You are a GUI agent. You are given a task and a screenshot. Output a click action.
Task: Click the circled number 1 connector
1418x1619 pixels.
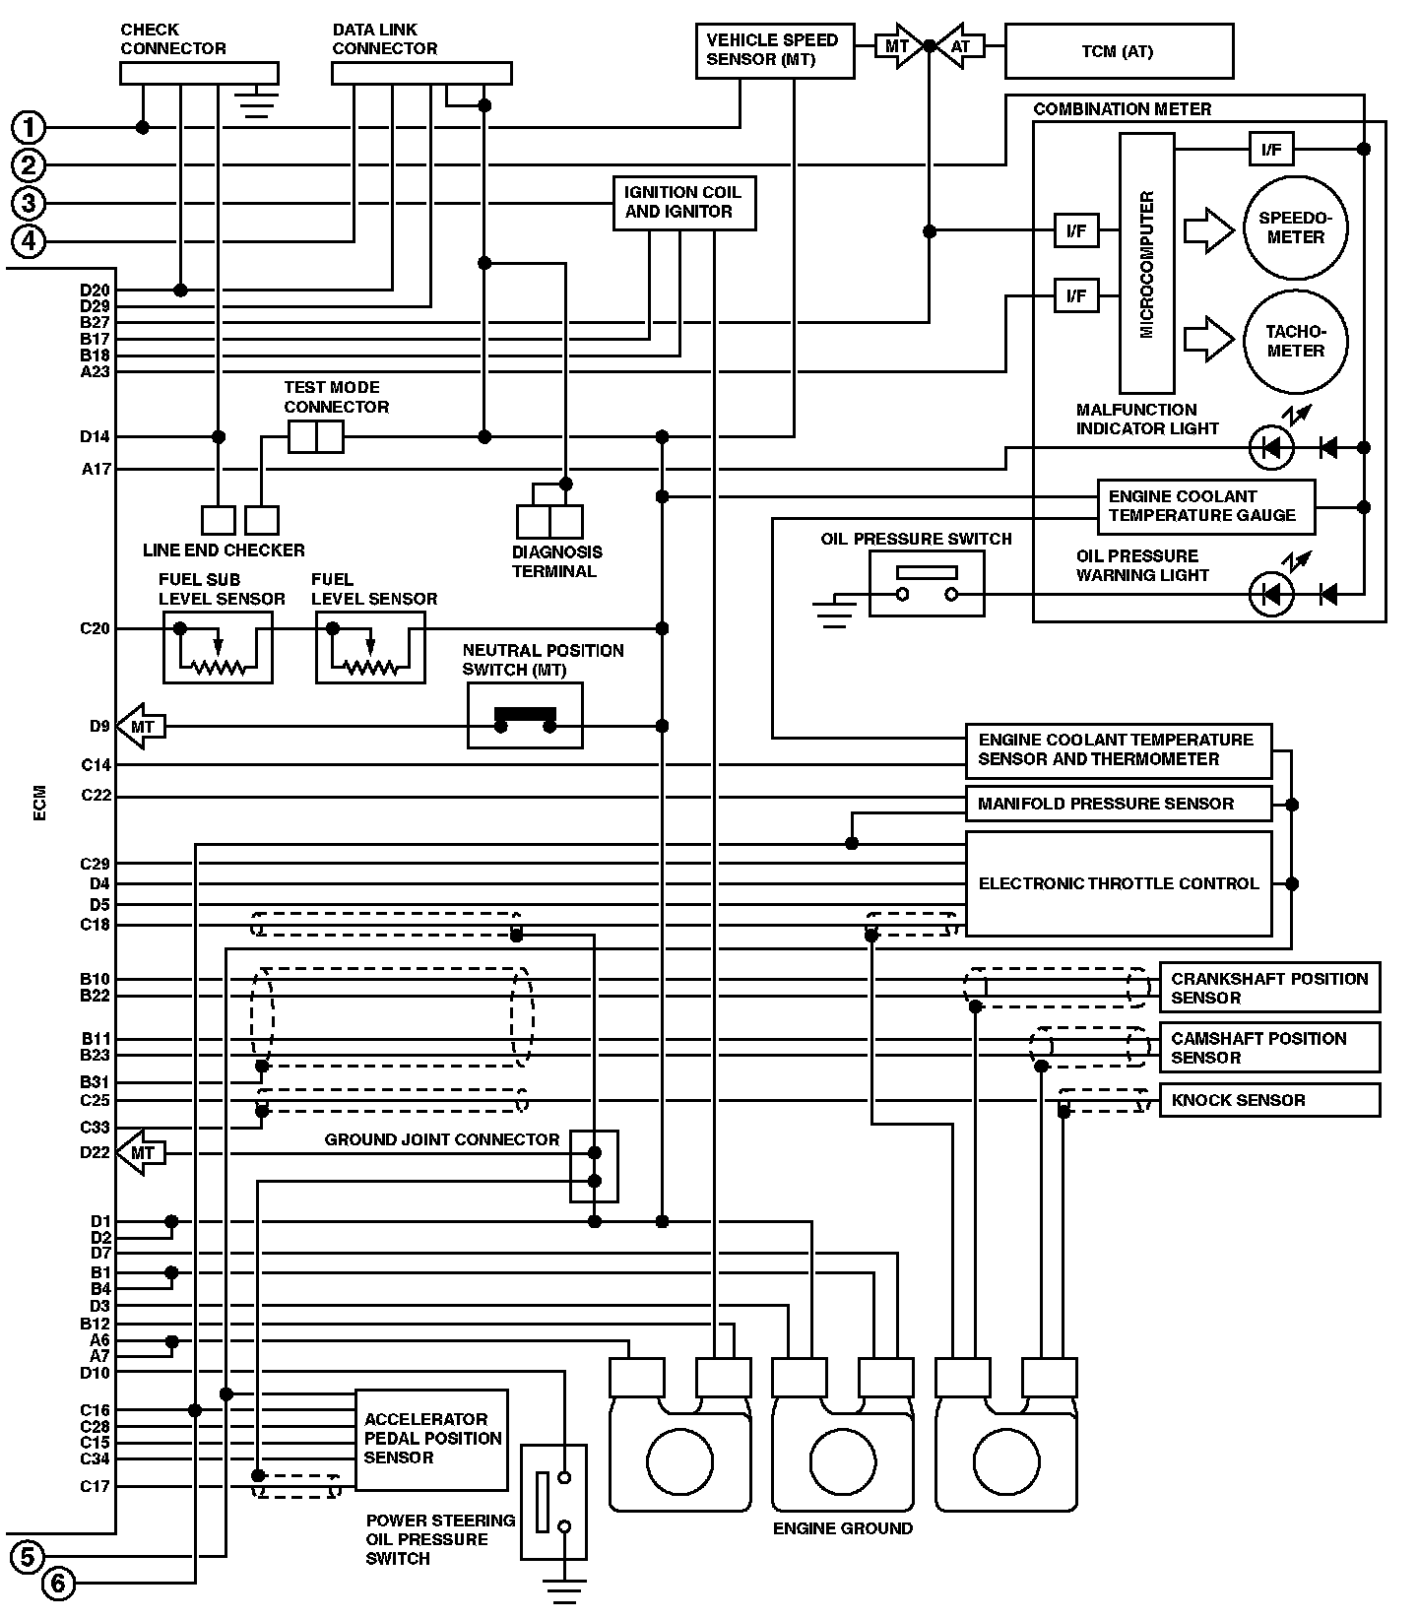point(30,127)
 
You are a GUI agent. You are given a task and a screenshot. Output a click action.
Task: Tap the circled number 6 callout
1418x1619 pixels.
point(58,1584)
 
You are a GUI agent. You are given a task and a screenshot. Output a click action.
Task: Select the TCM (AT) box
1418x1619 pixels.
point(1119,51)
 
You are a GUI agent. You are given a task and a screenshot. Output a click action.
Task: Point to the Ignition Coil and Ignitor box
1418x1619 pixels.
point(684,203)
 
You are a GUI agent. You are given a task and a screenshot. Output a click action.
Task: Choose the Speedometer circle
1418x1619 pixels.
point(1295,228)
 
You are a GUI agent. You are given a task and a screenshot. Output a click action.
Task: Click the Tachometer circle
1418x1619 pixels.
point(1295,342)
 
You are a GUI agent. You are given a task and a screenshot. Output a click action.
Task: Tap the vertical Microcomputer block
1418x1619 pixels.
point(1146,264)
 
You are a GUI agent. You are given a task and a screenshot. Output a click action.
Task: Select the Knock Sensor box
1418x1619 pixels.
point(1270,1100)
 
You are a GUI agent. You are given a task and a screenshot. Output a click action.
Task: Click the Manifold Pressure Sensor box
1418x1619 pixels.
point(1119,804)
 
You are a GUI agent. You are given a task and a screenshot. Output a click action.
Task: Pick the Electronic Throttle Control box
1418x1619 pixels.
point(1119,883)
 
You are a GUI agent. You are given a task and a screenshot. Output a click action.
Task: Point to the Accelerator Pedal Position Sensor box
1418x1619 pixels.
point(431,1439)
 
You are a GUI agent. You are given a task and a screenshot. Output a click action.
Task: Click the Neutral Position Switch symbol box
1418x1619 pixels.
point(525,716)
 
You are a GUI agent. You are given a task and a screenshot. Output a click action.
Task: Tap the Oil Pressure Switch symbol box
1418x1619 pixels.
point(927,583)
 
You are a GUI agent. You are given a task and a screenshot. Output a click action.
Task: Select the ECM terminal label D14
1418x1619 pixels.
point(96,436)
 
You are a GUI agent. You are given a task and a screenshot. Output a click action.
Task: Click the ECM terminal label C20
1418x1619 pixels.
point(96,628)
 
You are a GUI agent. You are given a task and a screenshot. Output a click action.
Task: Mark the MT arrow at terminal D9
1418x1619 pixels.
point(142,727)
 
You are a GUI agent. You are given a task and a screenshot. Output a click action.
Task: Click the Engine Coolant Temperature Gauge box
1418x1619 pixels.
point(1206,506)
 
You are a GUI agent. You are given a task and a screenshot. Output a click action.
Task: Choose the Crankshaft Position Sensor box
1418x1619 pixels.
point(1270,988)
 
